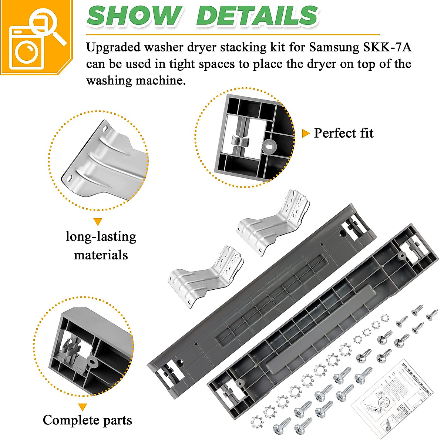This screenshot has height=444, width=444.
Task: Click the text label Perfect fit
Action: (x=343, y=133)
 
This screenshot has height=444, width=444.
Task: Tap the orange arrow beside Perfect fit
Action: (x=306, y=133)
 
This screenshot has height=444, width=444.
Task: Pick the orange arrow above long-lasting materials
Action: (x=98, y=222)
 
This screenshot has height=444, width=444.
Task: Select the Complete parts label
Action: (x=87, y=420)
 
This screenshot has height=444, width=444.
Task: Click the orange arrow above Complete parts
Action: (x=83, y=407)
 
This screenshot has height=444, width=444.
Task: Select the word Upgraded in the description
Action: (x=113, y=48)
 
